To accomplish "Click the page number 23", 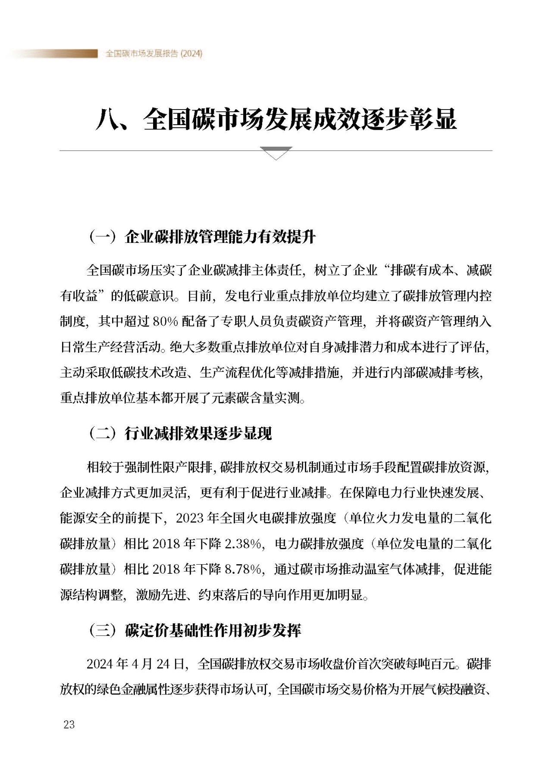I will click(x=69, y=724).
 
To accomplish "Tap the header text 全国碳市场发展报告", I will click(x=142, y=54).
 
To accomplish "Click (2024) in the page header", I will click(x=191, y=54).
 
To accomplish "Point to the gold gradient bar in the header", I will click(x=56, y=53).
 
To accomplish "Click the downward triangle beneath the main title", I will click(x=276, y=153).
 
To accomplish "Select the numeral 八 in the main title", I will click(x=107, y=119).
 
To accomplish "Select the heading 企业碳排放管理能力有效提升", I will click(x=220, y=237).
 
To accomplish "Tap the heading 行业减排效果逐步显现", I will click(x=198, y=434).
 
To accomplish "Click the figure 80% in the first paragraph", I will click(x=165, y=321).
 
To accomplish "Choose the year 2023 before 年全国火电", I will click(x=190, y=518).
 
